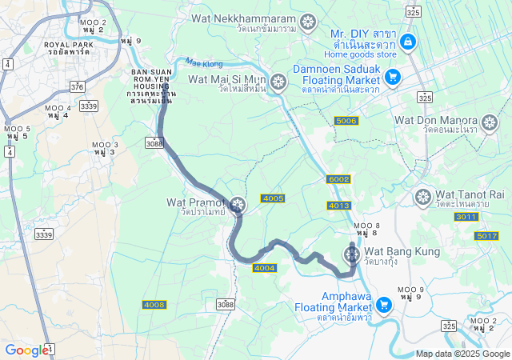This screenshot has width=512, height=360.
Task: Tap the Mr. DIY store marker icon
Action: coord(408,42)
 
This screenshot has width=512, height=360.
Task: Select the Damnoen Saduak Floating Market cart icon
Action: coord(392,77)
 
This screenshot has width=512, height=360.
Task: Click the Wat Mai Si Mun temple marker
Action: coord(278,82)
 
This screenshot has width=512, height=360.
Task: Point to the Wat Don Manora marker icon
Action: coord(490,122)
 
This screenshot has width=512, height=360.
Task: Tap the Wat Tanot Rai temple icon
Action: coord(422,196)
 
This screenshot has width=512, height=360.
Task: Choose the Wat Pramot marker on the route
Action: coord(237,206)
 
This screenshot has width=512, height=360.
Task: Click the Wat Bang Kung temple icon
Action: coord(351,254)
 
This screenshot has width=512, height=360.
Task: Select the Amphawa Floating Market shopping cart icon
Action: coord(383,304)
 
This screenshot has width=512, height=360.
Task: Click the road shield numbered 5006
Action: coord(346,121)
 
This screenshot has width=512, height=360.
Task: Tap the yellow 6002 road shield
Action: coord(339,179)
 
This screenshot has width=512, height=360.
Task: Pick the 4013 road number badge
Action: coord(338,206)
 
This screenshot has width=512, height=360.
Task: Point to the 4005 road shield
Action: coord(273,198)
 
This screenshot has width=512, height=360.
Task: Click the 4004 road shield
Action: coord(264,267)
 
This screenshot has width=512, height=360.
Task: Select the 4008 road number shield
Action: coord(154,305)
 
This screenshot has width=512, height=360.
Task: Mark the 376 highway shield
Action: coord(77,86)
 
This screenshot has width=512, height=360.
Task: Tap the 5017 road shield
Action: coord(486,235)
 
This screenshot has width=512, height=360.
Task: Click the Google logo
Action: coord(26,350)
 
